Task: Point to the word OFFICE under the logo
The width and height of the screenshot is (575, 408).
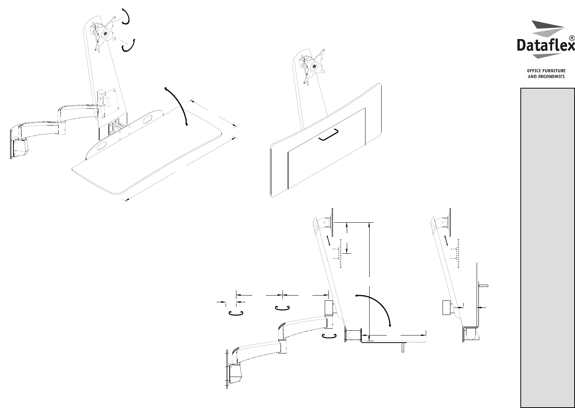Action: (532, 71)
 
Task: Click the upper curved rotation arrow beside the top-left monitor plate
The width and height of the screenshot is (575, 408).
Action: (126, 16)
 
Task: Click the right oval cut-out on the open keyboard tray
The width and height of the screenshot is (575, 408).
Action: (147, 119)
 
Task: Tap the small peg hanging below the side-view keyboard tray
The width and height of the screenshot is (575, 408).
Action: (403, 348)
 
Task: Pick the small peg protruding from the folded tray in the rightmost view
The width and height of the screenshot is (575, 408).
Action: (483, 286)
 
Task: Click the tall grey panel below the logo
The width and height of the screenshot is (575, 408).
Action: (548, 248)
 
